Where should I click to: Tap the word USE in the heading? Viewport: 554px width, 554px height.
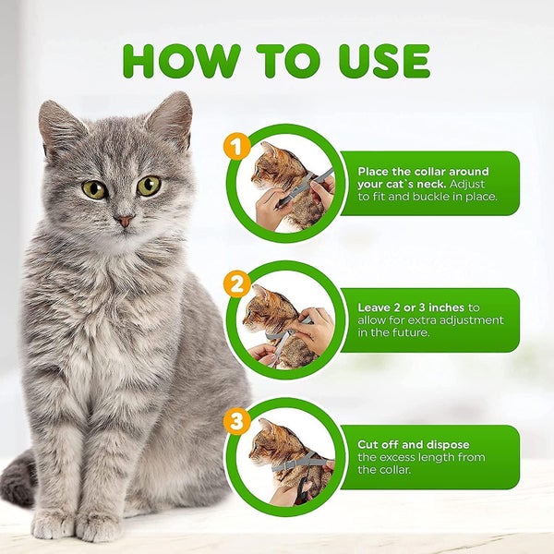click(x=384, y=61)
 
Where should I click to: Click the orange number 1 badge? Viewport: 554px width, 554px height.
click(x=237, y=146)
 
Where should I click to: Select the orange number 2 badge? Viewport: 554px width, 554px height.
click(x=237, y=283)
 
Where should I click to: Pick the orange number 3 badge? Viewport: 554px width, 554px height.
click(x=237, y=421)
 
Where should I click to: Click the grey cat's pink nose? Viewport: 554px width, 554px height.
click(x=125, y=221)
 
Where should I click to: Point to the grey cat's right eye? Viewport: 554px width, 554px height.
click(x=149, y=186)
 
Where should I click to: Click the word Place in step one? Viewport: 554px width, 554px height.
click(x=374, y=172)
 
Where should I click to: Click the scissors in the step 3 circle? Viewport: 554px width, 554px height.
click(x=303, y=488)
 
